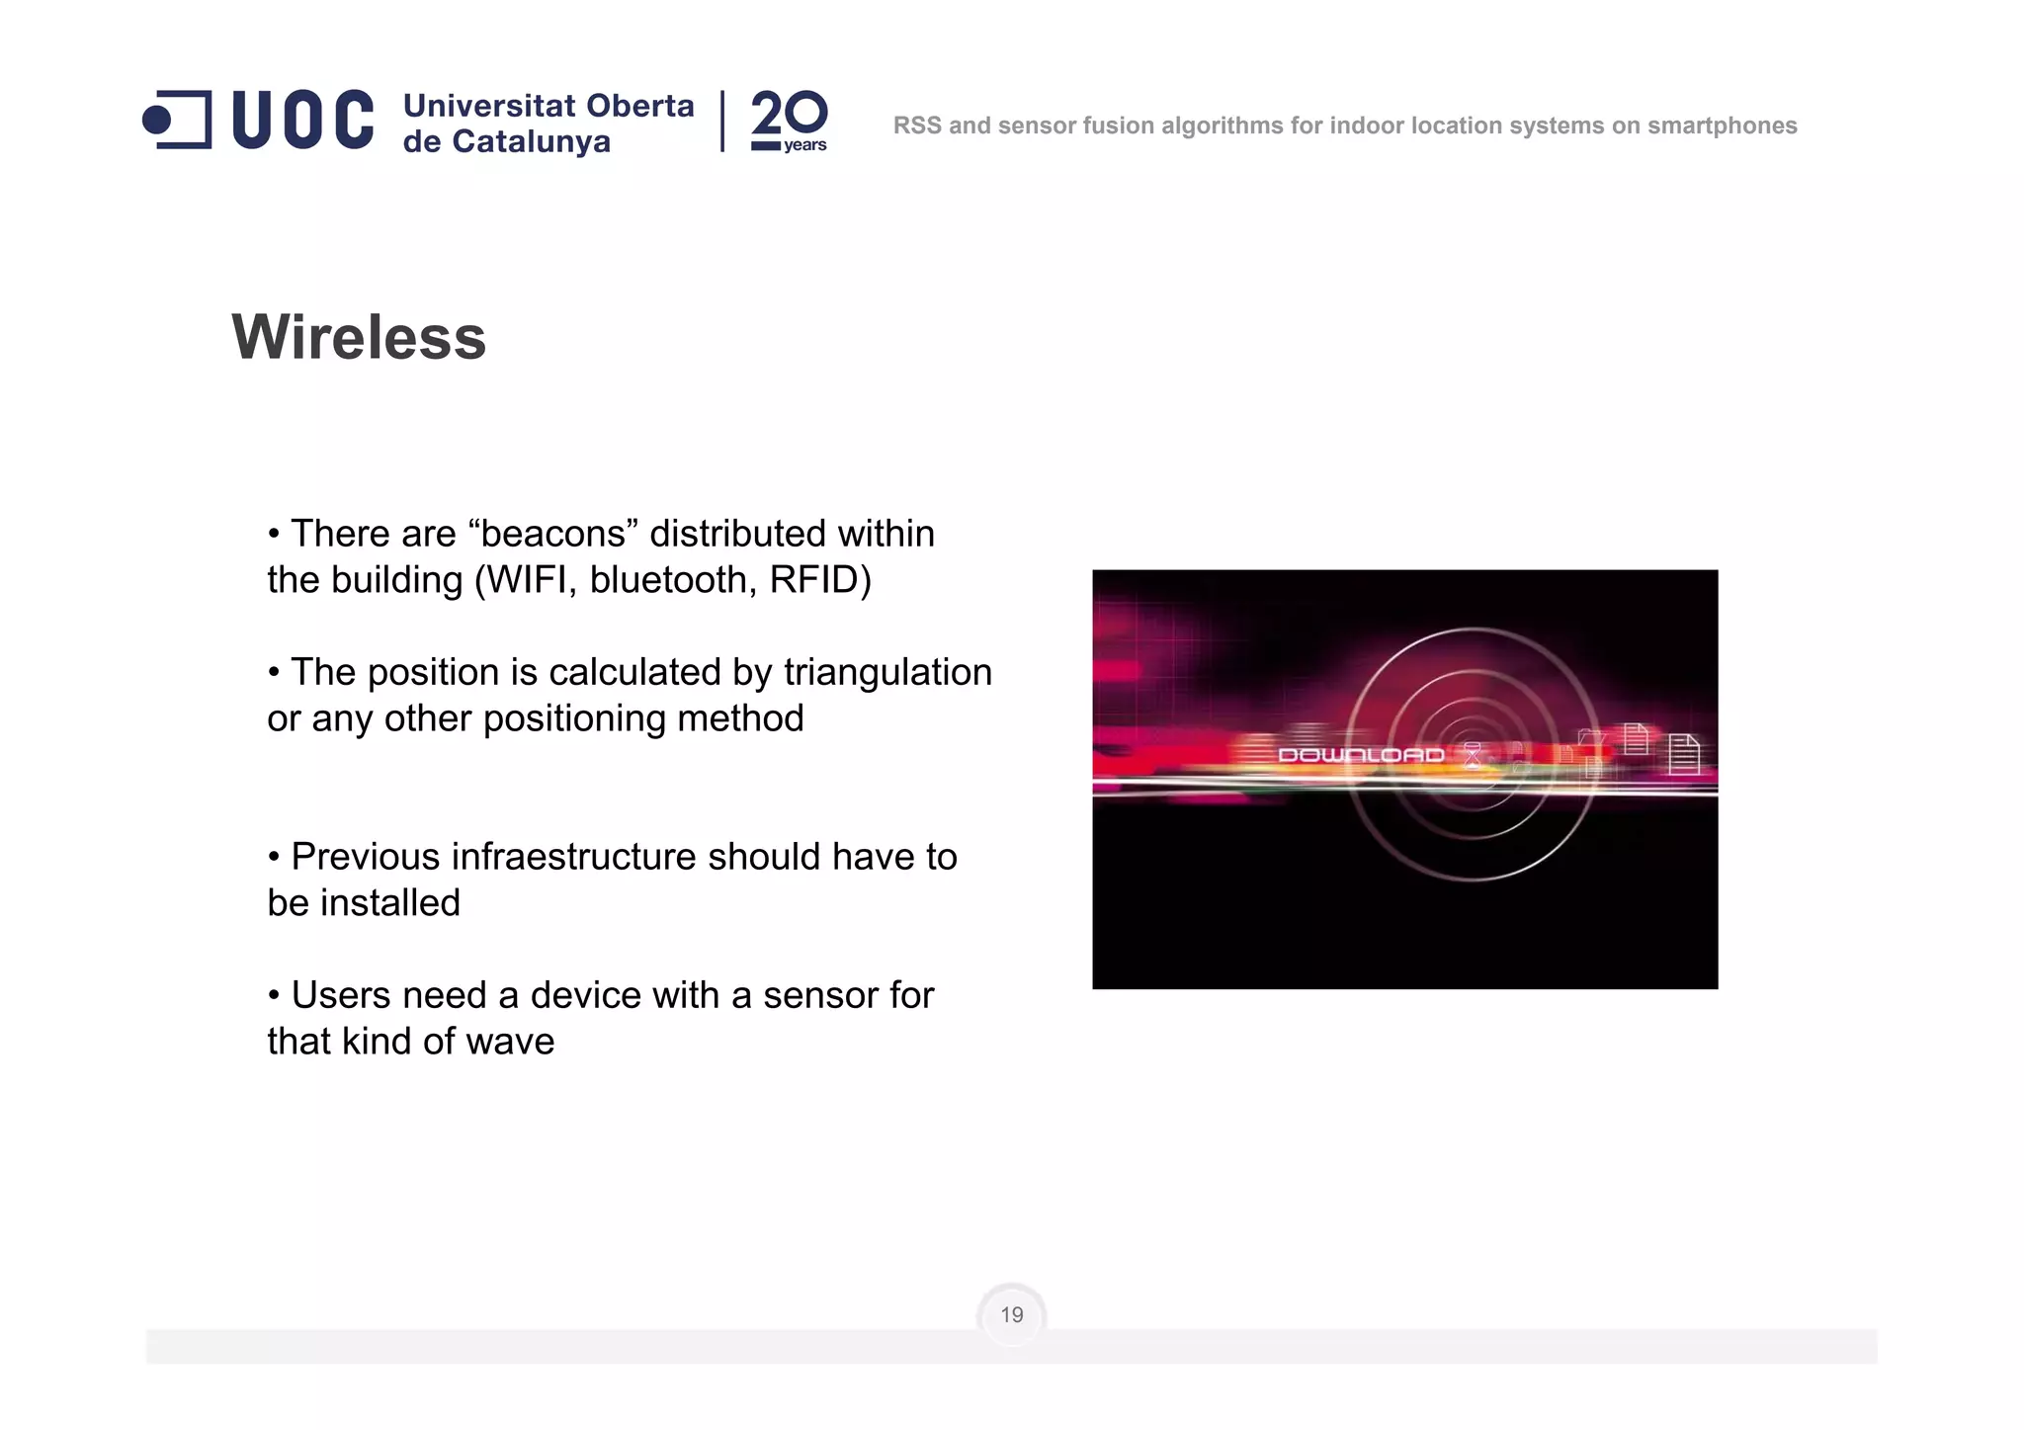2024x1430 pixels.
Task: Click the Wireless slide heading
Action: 359,337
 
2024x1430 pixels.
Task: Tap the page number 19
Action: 1011,1314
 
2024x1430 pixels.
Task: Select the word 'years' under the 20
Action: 804,145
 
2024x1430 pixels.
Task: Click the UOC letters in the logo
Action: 302,120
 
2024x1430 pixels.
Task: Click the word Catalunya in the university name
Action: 531,142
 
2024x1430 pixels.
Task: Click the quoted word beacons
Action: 553,534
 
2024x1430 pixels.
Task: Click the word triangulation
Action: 887,672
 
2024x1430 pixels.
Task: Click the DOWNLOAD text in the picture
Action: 1361,755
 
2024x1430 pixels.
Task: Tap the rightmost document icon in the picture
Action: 1683,755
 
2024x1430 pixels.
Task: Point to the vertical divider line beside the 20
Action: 722,121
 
